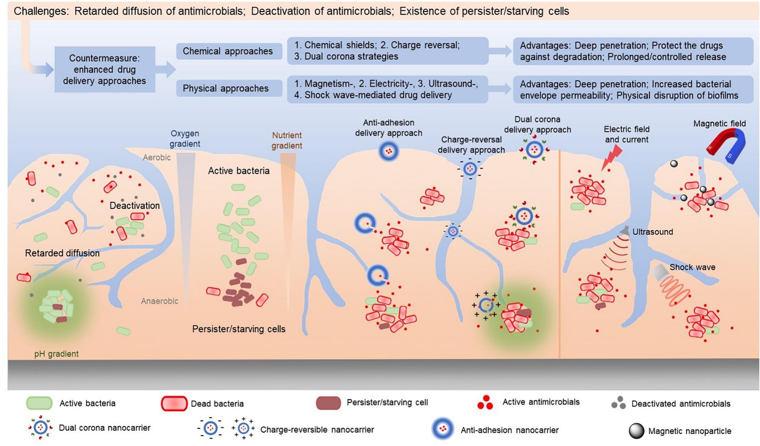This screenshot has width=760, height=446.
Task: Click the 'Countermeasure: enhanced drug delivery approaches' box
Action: (105, 70)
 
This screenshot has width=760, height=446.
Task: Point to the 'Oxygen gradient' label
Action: (185, 138)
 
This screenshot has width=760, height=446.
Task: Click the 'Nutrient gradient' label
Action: (287, 140)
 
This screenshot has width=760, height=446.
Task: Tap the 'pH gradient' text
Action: (56, 354)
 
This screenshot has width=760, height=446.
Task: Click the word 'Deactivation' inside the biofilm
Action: (134, 205)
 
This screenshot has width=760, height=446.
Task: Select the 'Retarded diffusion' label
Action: (62, 253)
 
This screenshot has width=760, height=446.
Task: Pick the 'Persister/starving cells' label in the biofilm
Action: (238, 329)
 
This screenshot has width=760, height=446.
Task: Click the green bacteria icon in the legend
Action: (39, 403)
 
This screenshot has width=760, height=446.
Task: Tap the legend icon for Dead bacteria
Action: (174, 403)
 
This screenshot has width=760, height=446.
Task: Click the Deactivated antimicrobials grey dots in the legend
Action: (618, 403)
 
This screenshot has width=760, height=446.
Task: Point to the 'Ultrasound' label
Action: (652, 232)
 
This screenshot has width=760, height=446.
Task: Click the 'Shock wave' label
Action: (692, 267)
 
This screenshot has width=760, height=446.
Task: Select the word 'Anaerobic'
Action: (159, 301)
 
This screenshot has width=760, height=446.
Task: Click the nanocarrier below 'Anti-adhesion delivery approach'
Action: (389, 152)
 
